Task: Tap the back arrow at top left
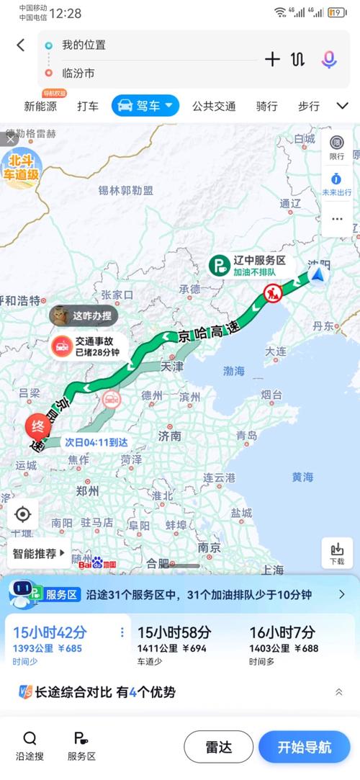point(20,45)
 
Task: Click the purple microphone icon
point(329,60)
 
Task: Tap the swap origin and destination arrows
point(299,60)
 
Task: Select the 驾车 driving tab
point(145,106)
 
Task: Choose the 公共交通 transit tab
point(214,106)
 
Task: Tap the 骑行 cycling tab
point(266,106)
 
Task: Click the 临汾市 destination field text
point(78,73)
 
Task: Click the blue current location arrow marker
point(318,274)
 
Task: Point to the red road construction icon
point(273,292)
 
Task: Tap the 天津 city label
point(172,366)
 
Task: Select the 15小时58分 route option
point(183,640)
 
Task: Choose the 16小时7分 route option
point(283,640)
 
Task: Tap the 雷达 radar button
point(218,747)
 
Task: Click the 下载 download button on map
point(337,552)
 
